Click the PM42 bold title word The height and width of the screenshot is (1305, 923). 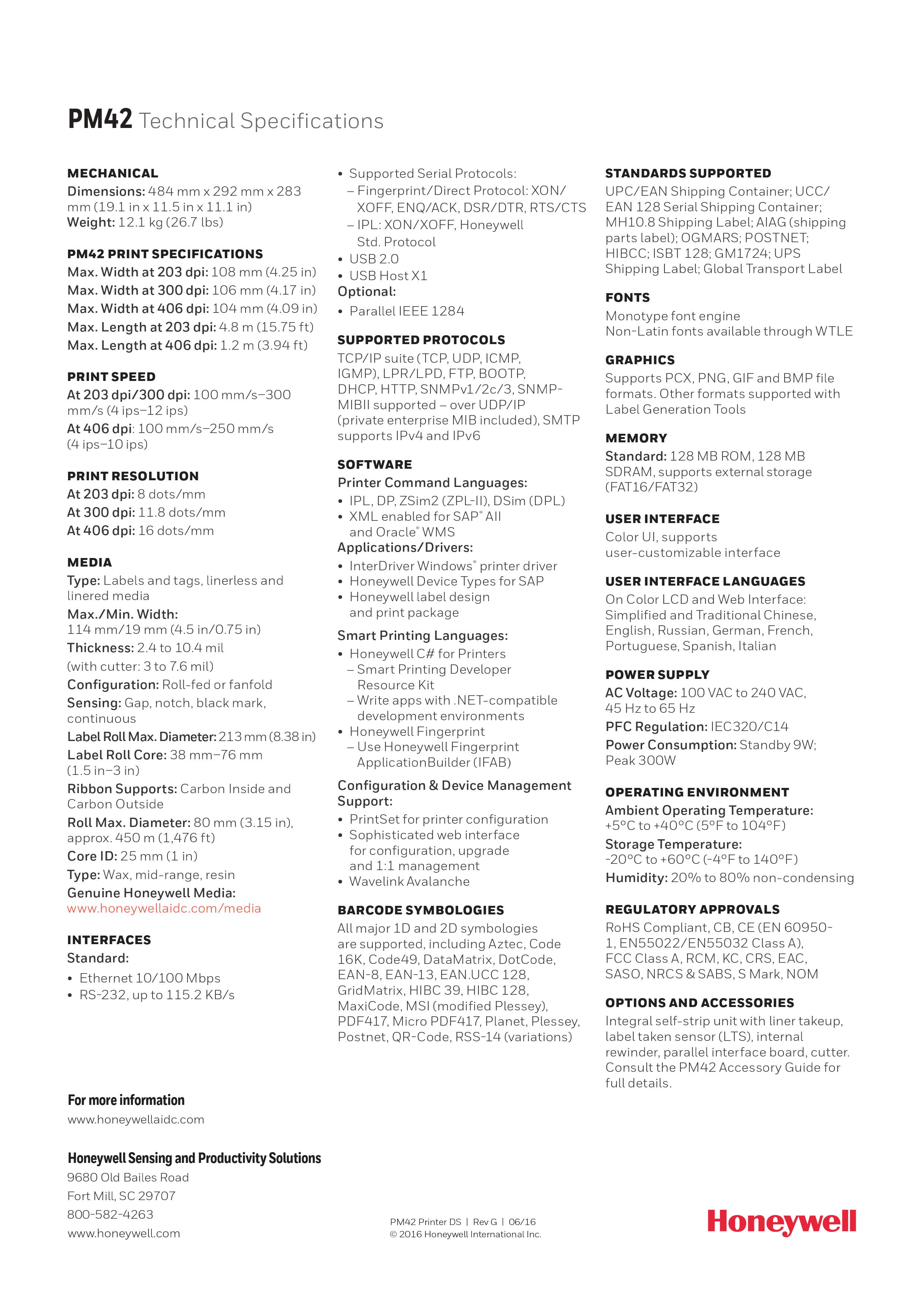(x=100, y=119)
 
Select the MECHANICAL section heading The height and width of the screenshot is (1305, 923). (x=112, y=173)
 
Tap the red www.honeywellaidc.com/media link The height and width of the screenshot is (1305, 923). (x=164, y=908)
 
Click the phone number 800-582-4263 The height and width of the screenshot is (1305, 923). (x=110, y=1214)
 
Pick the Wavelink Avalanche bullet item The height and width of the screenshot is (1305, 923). (x=409, y=882)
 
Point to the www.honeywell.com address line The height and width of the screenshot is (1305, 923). (x=124, y=1233)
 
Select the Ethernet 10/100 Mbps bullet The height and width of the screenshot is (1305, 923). (x=150, y=978)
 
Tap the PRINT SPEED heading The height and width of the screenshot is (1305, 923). (x=111, y=377)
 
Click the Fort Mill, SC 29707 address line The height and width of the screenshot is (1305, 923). (x=121, y=1196)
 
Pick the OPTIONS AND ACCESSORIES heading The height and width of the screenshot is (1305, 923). (x=699, y=1003)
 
